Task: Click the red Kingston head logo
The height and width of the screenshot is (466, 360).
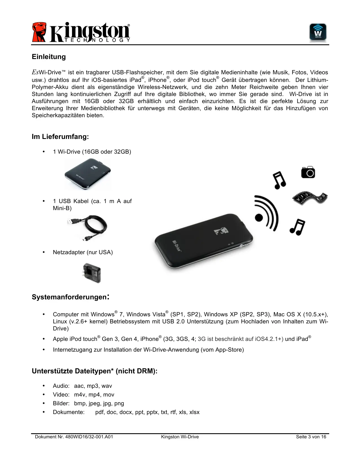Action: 39,32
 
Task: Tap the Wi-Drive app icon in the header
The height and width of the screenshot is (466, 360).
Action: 318,32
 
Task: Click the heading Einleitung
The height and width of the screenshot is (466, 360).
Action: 49,57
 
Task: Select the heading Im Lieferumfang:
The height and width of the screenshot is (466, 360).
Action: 60,137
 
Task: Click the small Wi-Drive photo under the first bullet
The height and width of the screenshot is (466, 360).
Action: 88,174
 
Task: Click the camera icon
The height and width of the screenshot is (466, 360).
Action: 308,172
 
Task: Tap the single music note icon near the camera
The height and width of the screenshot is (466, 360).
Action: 279,180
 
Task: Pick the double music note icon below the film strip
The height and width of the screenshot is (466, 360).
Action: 297,227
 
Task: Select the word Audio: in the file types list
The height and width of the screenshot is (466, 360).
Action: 61,386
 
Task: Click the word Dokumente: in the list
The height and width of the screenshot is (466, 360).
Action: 69,412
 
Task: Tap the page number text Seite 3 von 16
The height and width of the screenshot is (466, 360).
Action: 311,437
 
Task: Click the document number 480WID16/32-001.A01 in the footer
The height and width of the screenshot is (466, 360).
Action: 89,437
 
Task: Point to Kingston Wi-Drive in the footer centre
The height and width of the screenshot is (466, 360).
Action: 180,437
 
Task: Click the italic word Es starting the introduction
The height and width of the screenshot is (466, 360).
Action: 35,72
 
